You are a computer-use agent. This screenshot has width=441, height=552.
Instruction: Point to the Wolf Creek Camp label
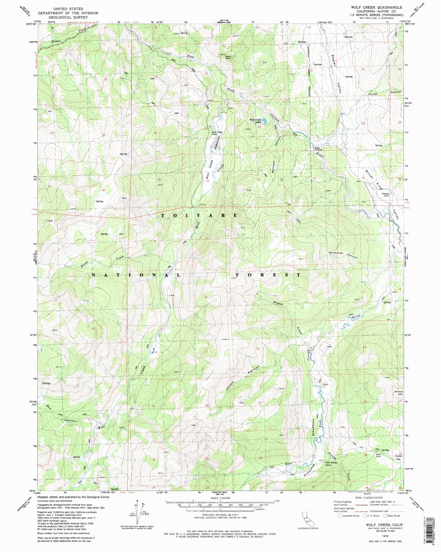(x=217, y=133)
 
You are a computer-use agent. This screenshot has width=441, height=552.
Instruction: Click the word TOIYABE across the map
(x=198, y=215)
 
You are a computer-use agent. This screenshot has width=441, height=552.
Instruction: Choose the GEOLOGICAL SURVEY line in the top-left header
(x=68, y=18)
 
